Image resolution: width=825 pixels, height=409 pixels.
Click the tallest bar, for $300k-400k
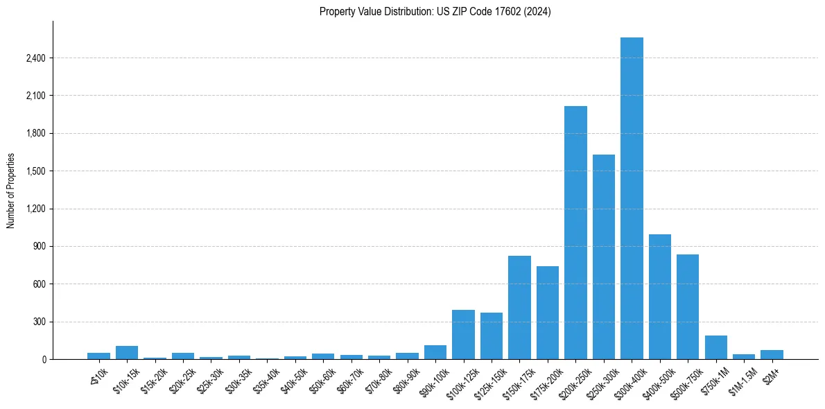click(x=632, y=198)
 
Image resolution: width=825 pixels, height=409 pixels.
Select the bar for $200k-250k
click(x=575, y=232)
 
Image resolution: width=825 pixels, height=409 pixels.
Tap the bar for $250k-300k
click(x=603, y=256)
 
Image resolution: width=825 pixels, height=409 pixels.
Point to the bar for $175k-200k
click(x=547, y=313)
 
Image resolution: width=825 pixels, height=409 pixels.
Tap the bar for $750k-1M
click(x=715, y=347)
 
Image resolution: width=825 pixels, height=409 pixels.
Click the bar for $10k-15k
click(x=127, y=352)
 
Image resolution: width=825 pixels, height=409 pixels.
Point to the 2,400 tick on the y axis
click(x=35, y=58)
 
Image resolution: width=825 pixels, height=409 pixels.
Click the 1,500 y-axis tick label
click(x=35, y=171)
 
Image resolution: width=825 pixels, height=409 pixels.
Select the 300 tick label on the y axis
click(x=39, y=322)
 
